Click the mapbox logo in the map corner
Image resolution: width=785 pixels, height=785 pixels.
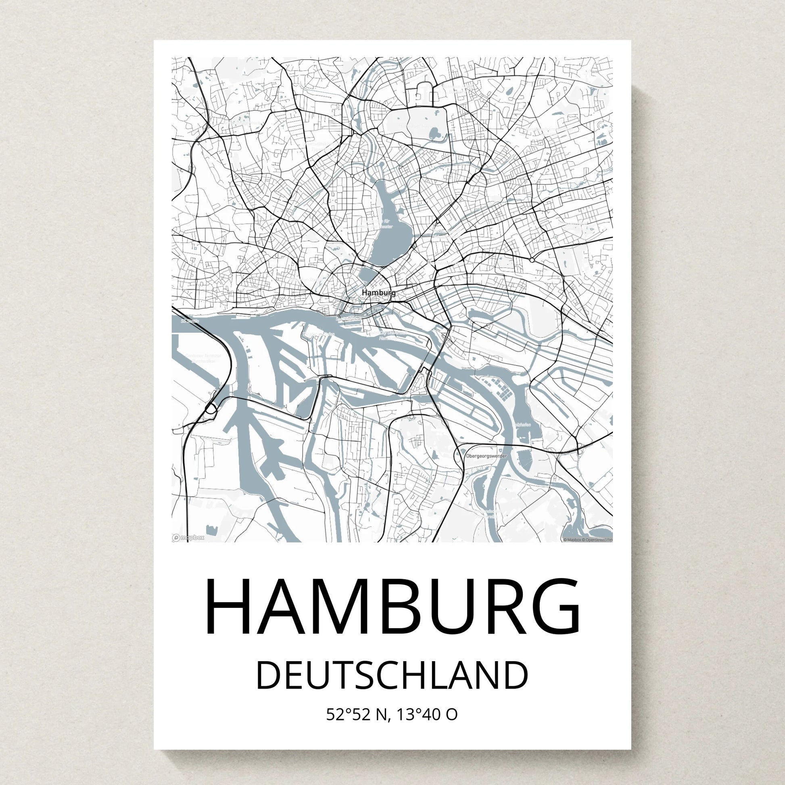188,538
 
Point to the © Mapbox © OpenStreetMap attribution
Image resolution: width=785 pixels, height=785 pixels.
587,540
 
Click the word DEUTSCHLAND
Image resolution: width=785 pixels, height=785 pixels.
392,676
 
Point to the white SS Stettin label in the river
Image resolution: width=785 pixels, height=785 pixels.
190,321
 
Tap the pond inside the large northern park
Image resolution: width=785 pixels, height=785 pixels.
434,132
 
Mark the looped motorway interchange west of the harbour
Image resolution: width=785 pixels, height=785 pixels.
211,408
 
